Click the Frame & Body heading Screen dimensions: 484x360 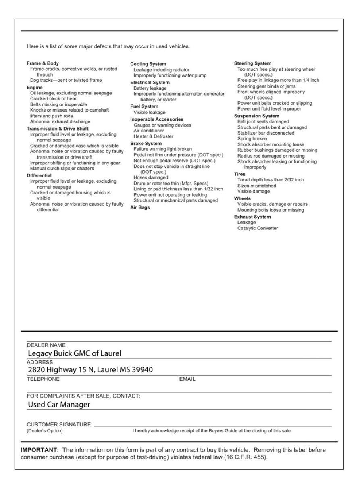pos(43,63)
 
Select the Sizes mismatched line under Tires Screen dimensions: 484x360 pos(257,186)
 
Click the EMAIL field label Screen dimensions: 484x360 pos(187,379)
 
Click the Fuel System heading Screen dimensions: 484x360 pos(144,106)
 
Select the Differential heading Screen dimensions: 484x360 pos(39,176)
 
